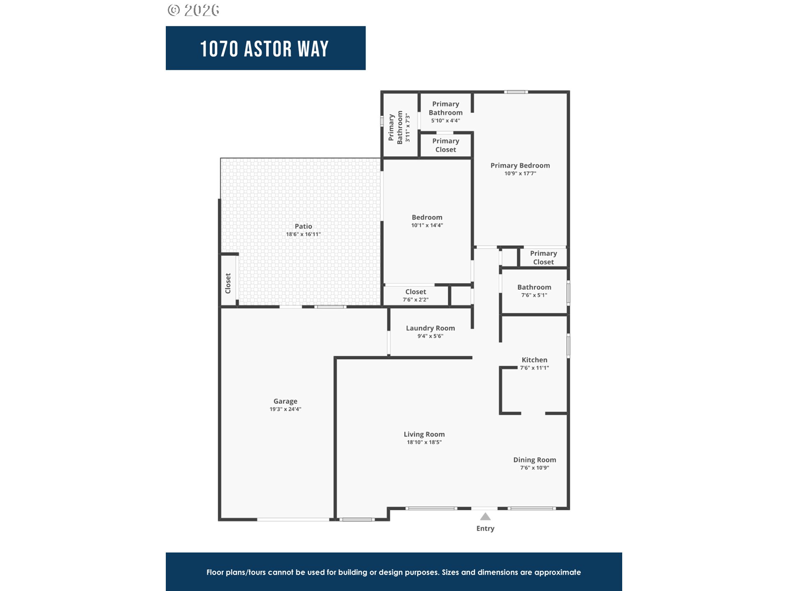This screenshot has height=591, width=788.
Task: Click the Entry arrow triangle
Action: tap(485, 517)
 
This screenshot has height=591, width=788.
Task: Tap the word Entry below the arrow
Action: tap(485, 529)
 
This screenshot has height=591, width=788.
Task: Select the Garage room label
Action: tap(285, 401)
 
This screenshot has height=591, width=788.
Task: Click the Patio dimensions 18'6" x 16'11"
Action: tap(303, 234)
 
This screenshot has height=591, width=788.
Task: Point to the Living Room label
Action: tap(424, 434)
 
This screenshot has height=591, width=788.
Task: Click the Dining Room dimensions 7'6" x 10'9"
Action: tap(534, 468)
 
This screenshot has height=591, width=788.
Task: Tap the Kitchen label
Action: tap(534, 360)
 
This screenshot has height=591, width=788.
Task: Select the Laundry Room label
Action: tap(430, 328)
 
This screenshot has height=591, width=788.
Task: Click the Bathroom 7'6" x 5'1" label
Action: tap(534, 287)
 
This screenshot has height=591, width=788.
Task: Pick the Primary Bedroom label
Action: tap(520, 165)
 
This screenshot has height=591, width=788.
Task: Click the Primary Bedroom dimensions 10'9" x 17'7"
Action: tap(520, 174)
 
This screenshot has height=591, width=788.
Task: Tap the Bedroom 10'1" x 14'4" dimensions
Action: tap(427, 225)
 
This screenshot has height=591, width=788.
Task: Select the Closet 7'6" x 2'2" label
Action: tap(415, 292)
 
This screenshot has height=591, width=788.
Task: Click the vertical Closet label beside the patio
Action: tap(228, 283)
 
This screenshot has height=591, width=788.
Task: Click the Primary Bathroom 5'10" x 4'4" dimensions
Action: tap(445, 121)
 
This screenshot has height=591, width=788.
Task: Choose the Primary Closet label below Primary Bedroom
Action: tap(543, 258)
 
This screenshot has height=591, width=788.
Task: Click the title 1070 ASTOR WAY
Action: tap(265, 49)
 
